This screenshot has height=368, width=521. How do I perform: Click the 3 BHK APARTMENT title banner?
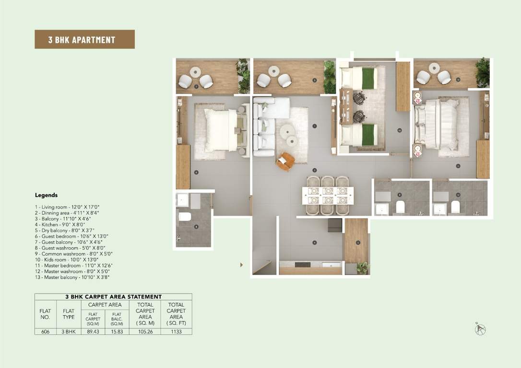coord(84,39)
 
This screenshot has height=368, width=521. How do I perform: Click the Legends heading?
coord(46,195)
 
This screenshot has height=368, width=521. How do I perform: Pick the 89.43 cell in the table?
coord(93,331)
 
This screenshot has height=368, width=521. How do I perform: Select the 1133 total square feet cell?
coord(176,331)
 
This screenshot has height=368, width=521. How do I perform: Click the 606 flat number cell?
coord(45,331)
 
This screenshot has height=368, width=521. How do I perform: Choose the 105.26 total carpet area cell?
coord(145,331)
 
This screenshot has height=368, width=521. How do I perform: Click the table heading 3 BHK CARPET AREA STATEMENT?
coord(113,297)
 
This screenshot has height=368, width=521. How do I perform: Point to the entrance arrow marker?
coord(241,264)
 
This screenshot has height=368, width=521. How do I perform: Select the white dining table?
coord(328,195)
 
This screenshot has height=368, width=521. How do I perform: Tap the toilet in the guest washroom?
coord(185,217)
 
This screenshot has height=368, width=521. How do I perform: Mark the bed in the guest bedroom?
coord(220,130)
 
